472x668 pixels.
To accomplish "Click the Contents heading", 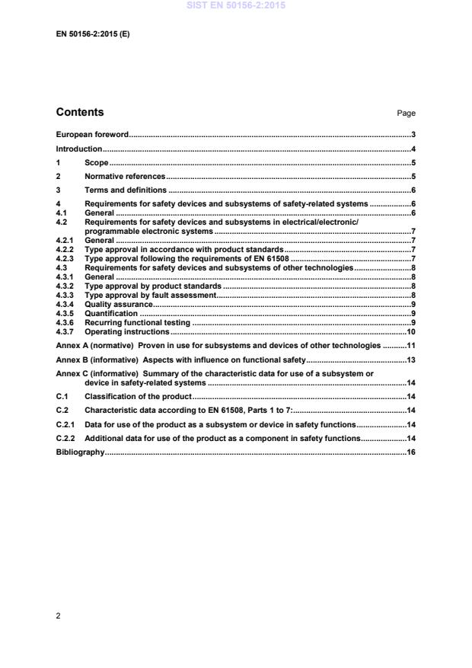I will pos(80,113).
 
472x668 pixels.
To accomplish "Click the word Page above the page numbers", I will pos(406,113).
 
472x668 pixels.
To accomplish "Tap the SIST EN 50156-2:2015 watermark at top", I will pos(236,5).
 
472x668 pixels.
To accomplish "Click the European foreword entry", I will pos(92,134).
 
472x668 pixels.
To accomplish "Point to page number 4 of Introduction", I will pos(413,149).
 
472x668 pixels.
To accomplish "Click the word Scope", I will pos(97,163).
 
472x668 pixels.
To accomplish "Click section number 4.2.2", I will pos(66,249).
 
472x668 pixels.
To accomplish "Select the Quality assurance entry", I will pos(119,304).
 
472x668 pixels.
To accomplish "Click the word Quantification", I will pos(111,313).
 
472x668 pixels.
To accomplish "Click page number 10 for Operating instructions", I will pos(410,331).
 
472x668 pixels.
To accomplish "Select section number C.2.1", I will pos(66,424).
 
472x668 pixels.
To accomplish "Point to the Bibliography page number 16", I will pos(410,452).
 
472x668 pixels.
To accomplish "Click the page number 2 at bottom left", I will pos(59,615).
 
